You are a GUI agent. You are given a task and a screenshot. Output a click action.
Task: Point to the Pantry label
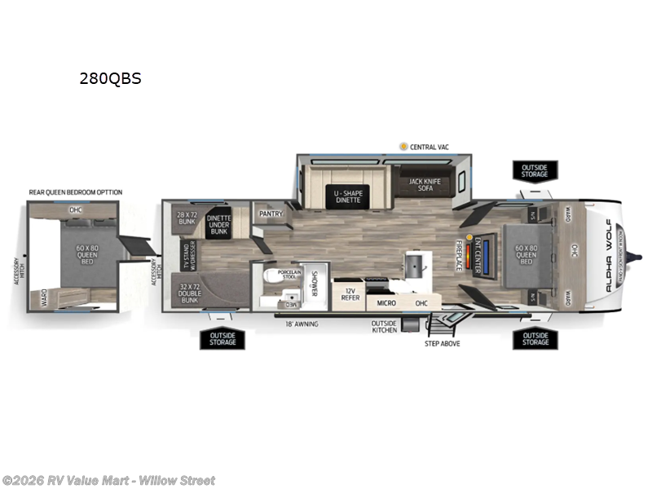[x=271, y=214]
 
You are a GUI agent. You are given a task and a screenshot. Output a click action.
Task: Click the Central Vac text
[x=430, y=147]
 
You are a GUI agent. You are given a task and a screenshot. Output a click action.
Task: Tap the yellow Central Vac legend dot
[x=403, y=146]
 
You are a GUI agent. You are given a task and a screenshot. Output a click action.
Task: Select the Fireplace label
[x=459, y=256]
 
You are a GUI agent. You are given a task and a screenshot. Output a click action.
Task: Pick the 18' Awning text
[x=302, y=324]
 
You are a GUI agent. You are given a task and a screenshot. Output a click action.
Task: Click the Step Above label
[x=443, y=343]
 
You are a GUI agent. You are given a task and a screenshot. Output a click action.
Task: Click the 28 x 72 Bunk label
[x=187, y=218]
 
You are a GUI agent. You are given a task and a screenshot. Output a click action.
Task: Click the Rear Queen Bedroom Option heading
[x=75, y=192]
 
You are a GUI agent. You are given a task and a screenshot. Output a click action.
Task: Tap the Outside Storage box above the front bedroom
[x=535, y=170]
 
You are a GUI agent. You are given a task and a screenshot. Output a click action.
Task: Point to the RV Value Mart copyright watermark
[x=108, y=480]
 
